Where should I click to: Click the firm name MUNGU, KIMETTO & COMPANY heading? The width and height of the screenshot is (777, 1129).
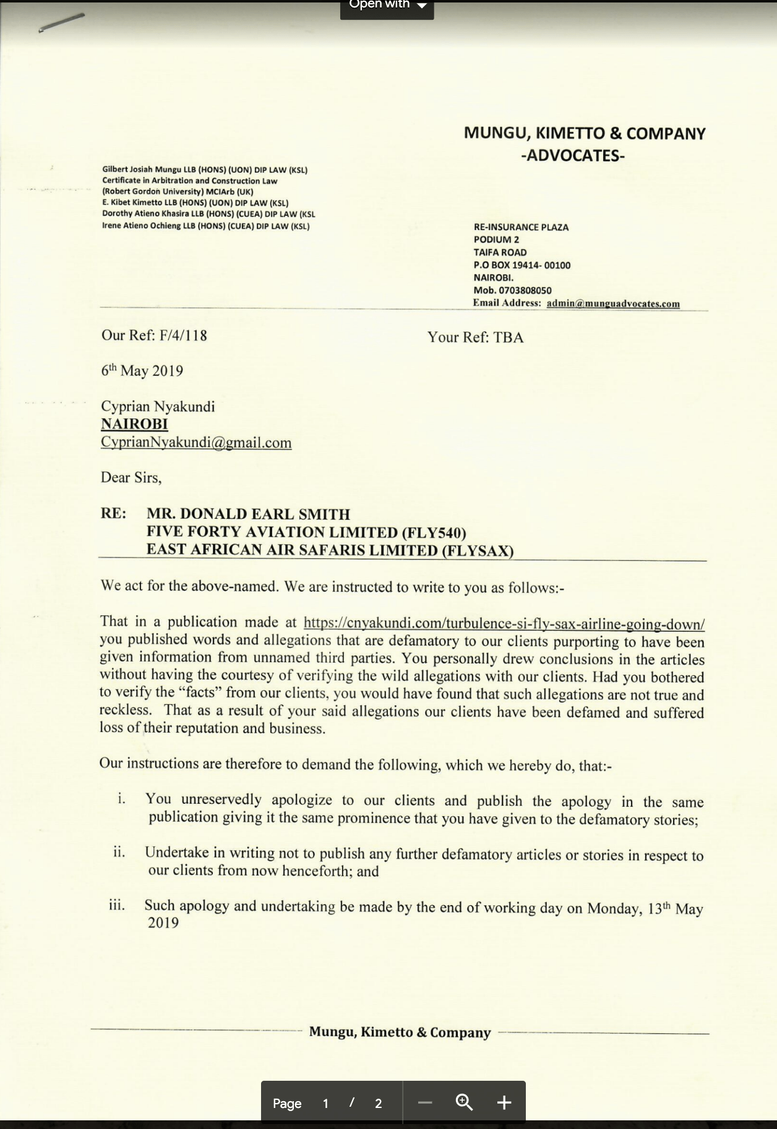click(584, 134)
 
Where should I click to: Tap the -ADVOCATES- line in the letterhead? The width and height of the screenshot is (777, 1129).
click(572, 155)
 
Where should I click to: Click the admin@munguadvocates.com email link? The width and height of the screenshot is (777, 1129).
click(612, 304)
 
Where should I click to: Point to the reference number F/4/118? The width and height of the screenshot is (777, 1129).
click(183, 336)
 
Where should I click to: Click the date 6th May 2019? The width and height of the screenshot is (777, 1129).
click(142, 371)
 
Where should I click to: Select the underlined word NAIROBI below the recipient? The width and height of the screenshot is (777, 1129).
click(134, 424)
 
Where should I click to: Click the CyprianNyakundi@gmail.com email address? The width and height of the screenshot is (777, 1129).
click(196, 443)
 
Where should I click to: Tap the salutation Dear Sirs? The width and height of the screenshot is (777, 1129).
click(131, 478)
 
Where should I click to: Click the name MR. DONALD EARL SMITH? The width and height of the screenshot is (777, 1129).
click(248, 514)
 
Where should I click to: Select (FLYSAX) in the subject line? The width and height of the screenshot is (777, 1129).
click(477, 550)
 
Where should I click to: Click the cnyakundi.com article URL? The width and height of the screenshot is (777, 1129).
click(504, 623)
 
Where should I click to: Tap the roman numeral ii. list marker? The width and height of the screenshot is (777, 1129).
click(119, 853)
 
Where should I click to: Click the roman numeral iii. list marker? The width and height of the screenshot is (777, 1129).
click(117, 906)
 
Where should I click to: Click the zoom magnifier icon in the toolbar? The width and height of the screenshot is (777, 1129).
click(464, 1102)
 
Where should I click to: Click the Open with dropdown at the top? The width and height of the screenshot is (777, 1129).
click(387, 6)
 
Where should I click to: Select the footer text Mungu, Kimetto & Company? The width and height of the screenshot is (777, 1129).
click(400, 1033)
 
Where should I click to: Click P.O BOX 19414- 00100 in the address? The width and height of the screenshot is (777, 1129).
click(522, 265)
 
